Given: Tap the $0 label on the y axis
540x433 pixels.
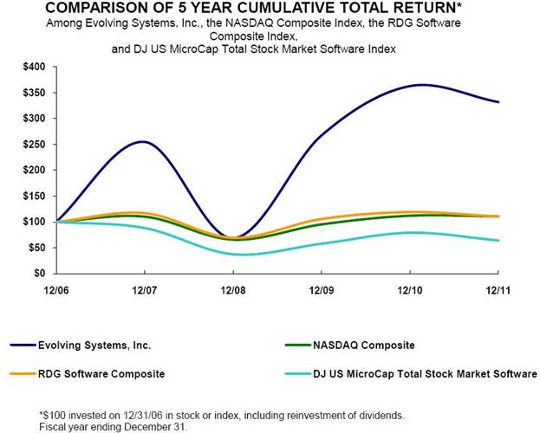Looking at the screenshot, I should [39, 274].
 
